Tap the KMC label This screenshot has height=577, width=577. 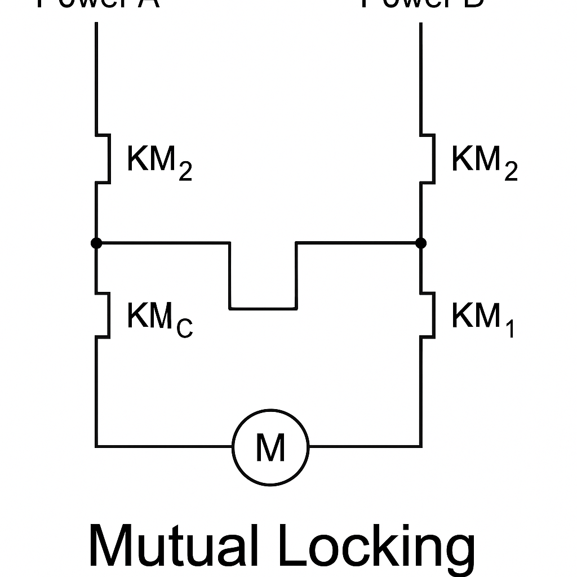159,318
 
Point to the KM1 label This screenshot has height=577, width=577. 483,318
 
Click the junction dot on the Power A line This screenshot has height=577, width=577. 96,243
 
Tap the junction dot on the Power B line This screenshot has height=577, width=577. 420,243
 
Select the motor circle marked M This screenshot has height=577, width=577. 271,447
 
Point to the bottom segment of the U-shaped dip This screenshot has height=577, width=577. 263,308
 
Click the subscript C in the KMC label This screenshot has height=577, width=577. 184,327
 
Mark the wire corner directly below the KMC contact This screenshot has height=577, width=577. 96,446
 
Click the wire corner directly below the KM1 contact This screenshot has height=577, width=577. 420,446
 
